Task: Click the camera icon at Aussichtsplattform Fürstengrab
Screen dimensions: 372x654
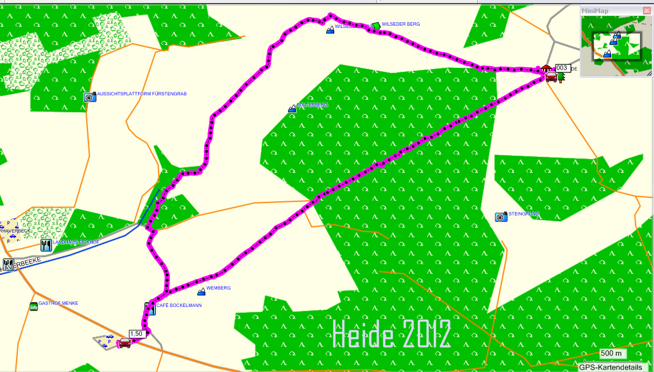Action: tap(89, 97)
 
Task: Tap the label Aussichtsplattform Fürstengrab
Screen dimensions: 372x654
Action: tap(142, 94)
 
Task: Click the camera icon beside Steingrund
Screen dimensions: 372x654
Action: tap(501, 217)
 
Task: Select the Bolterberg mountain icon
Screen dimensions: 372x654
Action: tap(293, 108)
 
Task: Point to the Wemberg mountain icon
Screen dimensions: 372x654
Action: tap(201, 292)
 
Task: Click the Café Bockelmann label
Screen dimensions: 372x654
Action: tap(178, 305)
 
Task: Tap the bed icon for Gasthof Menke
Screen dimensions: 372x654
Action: tap(34, 306)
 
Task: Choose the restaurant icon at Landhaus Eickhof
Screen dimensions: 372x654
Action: tap(46, 245)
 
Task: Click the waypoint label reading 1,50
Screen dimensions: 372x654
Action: tap(136, 334)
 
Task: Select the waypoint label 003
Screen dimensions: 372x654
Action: tap(562, 68)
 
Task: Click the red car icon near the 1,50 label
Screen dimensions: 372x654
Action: tap(124, 343)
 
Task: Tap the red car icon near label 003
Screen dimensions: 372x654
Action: tap(551, 77)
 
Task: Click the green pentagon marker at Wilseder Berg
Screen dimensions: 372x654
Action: tap(375, 26)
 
